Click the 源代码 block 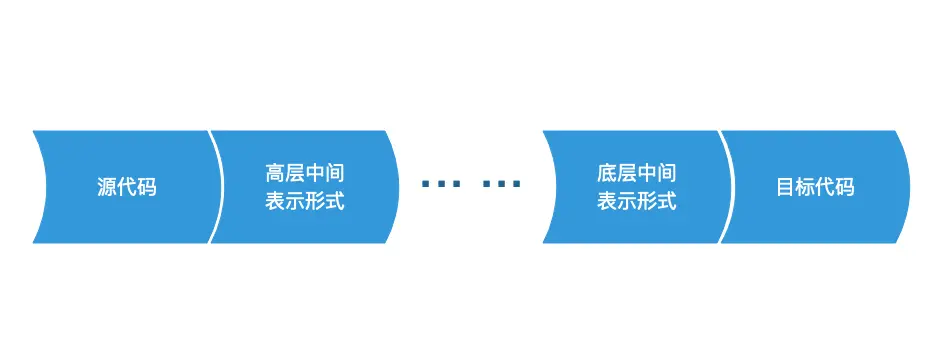(127, 187)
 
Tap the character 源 (106, 187)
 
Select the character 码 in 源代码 (146, 187)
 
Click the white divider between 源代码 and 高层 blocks (216, 187)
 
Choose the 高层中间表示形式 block (305, 187)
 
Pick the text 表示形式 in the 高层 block (305, 201)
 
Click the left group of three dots (441, 184)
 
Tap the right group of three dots (501, 184)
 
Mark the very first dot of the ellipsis (426, 184)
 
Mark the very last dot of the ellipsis (516, 184)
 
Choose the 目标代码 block (815, 187)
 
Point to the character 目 (785, 187)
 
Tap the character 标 (805, 187)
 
